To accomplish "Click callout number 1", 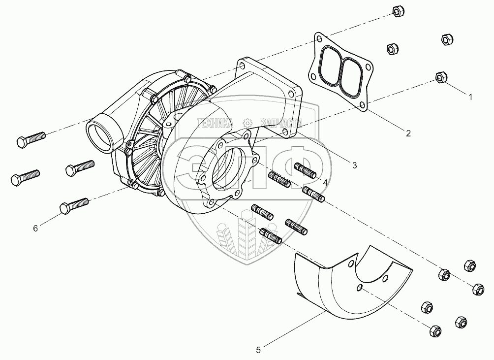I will (x=470, y=98).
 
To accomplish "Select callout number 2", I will (x=408, y=132).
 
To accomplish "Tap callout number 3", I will (x=354, y=165).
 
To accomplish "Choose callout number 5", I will (x=259, y=350).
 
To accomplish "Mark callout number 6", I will (x=35, y=228).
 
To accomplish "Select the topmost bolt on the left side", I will (x=31, y=139).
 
